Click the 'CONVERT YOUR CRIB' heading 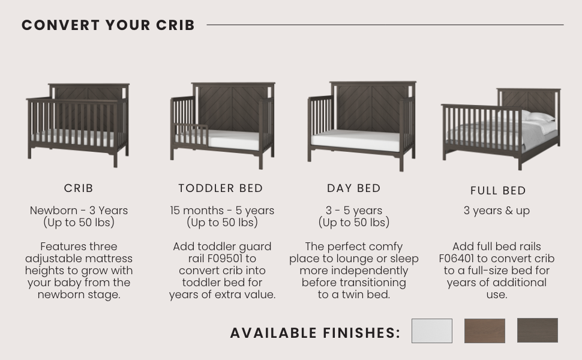pyautogui.click(x=108, y=25)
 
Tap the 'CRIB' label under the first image pyautogui.click(x=79, y=188)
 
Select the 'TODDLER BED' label pyautogui.click(x=221, y=188)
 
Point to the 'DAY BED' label pyautogui.click(x=354, y=188)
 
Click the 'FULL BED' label pyautogui.click(x=498, y=191)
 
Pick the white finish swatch pyautogui.click(x=432, y=331)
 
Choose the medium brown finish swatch pyautogui.click(x=485, y=331)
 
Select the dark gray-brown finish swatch pyautogui.click(x=538, y=331)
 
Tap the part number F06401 pyautogui.click(x=457, y=259)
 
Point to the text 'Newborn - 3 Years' pyautogui.click(x=79, y=211)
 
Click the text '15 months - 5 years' pyautogui.click(x=222, y=211)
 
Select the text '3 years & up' pyautogui.click(x=497, y=211)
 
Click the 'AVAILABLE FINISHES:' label pyautogui.click(x=315, y=333)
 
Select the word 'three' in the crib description pyautogui.click(x=103, y=247)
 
